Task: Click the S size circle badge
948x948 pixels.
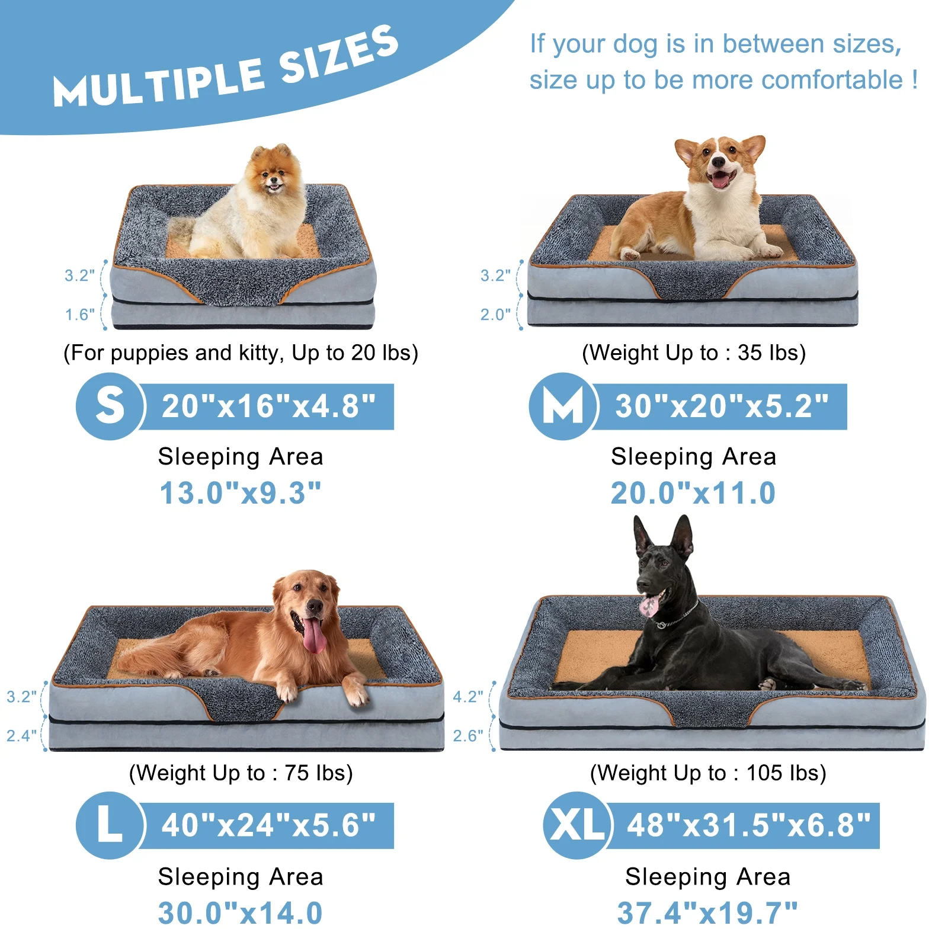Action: coord(110,406)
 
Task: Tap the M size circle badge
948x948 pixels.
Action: coord(563,406)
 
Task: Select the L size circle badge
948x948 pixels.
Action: coord(110,825)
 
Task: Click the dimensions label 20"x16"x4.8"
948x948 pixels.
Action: coord(268,406)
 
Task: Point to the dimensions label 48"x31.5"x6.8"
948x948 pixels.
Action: coord(748,825)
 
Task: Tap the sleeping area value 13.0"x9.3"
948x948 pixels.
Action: coord(241,493)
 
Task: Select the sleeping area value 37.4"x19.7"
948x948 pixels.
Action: coord(707,913)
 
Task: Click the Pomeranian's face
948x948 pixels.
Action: coord(273,176)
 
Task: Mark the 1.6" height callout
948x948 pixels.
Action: coord(79,315)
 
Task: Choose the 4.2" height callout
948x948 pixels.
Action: coord(467,697)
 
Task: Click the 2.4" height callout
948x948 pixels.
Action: coord(21,736)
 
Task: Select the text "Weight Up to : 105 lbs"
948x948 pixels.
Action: coord(708,773)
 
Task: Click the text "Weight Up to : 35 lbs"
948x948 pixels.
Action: coord(694,353)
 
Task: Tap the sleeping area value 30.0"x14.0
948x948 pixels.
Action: coord(241,913)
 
